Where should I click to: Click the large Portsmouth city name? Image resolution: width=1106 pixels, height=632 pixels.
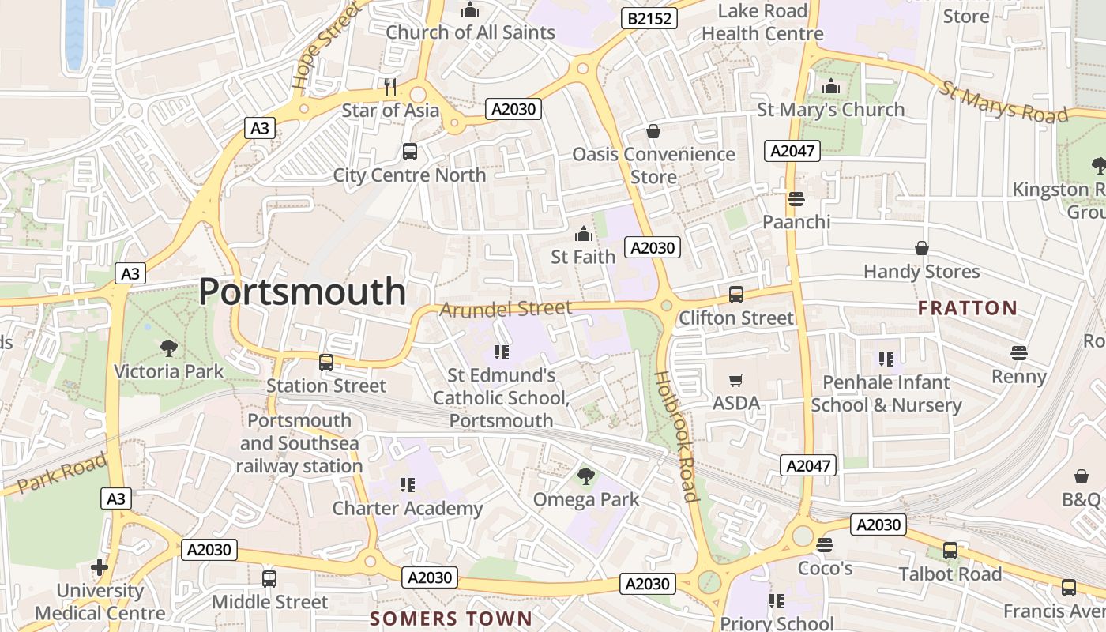click(302, 292)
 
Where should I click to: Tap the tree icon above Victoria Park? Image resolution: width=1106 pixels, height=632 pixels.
click(168, 348)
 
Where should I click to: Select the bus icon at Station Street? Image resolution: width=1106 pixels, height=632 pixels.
click(325, 363)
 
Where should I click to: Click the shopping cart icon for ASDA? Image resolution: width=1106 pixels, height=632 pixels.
click(736, 381)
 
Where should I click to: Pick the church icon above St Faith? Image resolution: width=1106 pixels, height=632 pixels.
click(584, 234)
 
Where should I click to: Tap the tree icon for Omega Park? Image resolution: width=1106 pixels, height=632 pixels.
click(585, 476)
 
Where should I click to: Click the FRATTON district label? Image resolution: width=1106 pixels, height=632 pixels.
click(968, 308)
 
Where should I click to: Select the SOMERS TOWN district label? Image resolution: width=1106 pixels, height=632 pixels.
click(451, 618)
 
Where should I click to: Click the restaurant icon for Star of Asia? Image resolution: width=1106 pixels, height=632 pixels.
click(389, 87)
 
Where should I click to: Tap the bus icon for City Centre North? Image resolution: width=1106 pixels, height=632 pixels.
click(409, 152)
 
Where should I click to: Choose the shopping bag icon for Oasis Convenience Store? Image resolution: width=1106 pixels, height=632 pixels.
click(653, 131)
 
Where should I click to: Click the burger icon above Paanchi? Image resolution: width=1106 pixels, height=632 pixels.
click(796, 198)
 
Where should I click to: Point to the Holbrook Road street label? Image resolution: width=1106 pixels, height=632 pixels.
click(677, 436)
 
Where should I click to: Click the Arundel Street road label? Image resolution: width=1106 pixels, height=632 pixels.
click(506, 308)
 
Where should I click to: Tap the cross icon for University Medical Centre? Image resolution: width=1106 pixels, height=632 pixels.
click(100, 567)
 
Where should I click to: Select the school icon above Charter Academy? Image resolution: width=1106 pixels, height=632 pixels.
click(408, 484)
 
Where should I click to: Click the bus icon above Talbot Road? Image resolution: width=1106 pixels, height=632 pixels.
click(950, 551)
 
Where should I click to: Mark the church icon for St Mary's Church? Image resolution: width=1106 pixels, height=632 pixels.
click(831, 87)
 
